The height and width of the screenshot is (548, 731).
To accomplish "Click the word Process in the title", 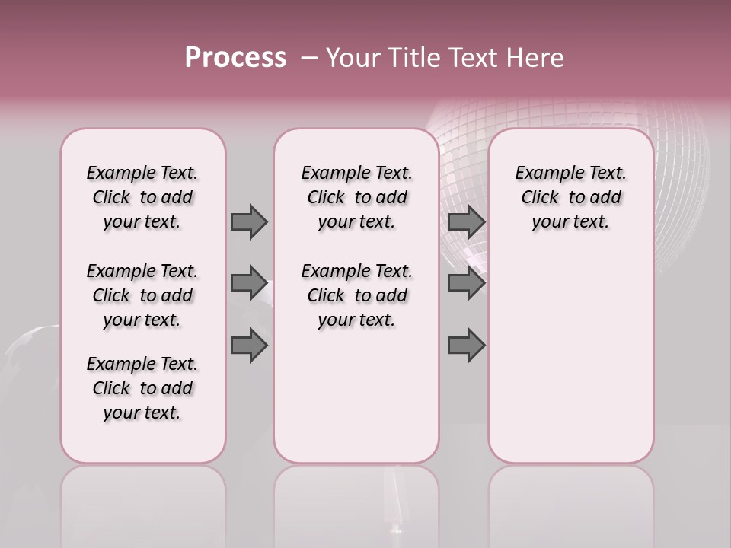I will [x=235, y=58].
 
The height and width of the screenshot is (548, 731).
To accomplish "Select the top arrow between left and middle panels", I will [x=249, y=221].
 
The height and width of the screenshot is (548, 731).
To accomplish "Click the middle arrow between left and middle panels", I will [x=249, y=283].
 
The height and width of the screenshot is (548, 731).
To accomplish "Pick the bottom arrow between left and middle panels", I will [x=249, y=346].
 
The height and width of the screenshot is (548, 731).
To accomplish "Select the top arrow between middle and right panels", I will [x=466, y=221].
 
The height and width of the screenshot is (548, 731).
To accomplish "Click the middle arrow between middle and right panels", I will [x=466, y=283].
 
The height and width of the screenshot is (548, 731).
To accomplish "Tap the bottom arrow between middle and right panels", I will [x=466, y=346].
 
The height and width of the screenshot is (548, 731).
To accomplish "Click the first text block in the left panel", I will [x=142, y=197].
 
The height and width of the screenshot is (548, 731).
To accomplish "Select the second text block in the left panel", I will [x=142, y=295].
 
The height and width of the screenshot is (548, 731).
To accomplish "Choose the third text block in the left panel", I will [x=142, y=388].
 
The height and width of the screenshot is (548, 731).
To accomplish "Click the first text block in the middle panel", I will [x=356, y=197].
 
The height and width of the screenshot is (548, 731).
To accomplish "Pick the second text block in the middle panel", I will [x=356, y=295].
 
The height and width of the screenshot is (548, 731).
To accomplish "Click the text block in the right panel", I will [x=570, y=197].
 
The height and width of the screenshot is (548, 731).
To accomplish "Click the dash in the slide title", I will [x=308, y=58].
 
